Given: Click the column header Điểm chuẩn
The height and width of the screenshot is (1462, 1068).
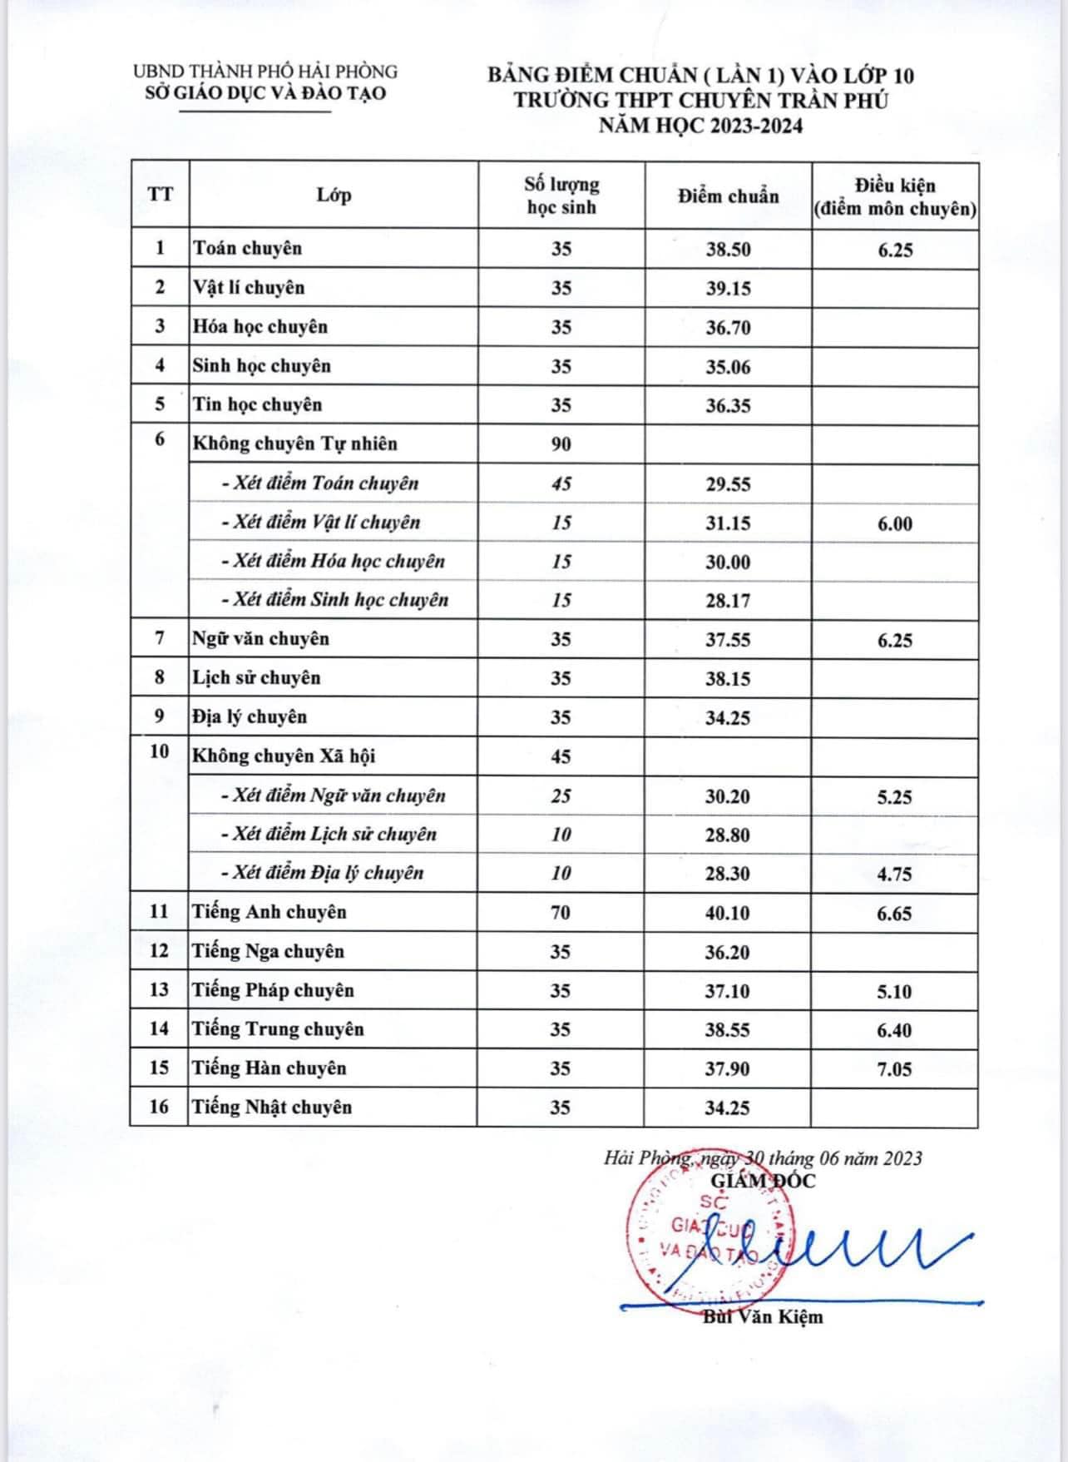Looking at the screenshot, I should pos(728,196).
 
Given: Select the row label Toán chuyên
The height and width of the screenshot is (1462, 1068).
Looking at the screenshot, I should pos(247,248).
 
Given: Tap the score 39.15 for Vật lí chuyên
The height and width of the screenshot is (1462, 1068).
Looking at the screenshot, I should pos(728,288).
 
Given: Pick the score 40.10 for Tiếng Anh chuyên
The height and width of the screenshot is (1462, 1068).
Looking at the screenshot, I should pos(727,913).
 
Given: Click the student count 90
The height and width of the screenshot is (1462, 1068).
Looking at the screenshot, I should pos(561,444).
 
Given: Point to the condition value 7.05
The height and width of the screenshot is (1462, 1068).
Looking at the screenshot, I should pos(894,1069).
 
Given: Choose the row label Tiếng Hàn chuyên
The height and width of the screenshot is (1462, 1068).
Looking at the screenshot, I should pos(269,1068).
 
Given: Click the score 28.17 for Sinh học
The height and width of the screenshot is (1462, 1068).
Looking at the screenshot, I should pos(728,600).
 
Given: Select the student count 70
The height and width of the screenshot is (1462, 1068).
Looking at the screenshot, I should pos(561,913).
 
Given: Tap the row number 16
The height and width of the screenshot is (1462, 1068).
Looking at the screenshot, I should pos(159,1107).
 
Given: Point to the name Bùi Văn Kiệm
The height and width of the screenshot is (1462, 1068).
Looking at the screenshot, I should pos(763,1316).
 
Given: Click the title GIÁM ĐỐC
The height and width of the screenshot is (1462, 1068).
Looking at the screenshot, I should pos(764,1180).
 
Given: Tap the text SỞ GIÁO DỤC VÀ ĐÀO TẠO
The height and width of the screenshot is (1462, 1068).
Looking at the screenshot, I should pos(265,93).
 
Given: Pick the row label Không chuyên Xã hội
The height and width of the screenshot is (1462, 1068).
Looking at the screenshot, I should pos(284,756).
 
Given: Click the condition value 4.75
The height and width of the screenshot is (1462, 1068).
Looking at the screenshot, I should pos(894,875).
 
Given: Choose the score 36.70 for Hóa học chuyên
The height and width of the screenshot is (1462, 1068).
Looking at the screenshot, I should pos(728,327).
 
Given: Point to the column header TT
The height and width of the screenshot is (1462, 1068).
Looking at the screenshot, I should pos(160,195).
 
